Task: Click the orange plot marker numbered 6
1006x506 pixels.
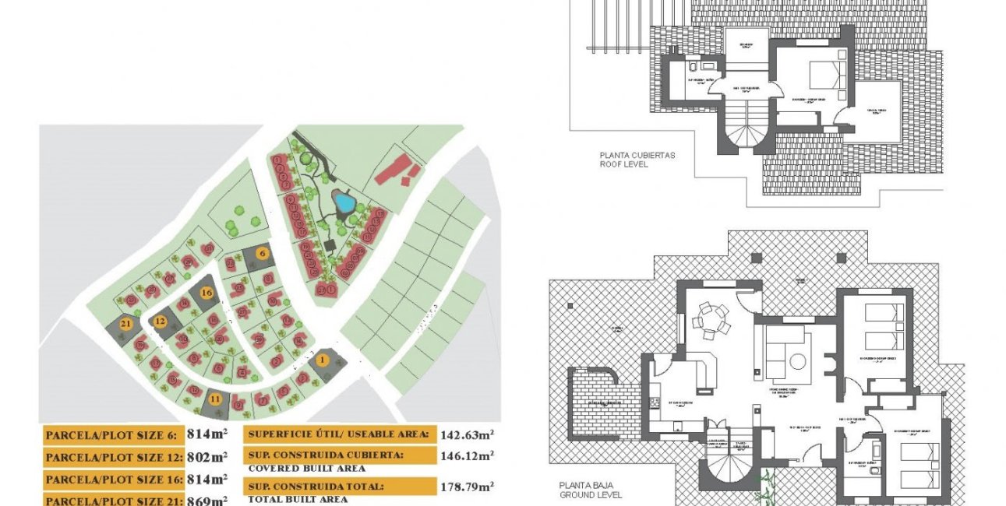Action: [x=263, y=253]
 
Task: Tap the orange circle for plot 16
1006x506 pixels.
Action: [x=206, y=293]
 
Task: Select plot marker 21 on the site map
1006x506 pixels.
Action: [x=125, y=325]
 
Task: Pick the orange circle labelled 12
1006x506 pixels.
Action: [x=161, y=321]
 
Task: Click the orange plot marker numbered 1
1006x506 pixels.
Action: [x=322, y=360]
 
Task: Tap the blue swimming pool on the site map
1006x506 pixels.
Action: [x=344, y=203]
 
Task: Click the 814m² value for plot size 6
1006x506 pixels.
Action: [x=207, y=435]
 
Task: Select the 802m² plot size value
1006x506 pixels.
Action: [x=207, y=457]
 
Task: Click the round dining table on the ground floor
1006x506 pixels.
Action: [x=709, y=318]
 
